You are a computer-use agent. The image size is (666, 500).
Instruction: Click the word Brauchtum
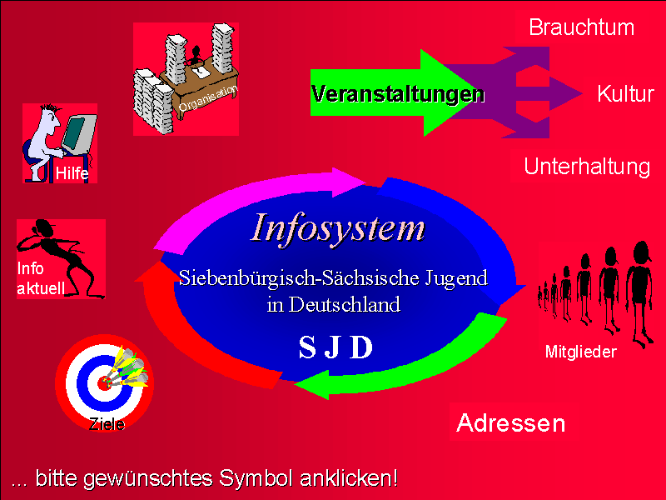(581, 27)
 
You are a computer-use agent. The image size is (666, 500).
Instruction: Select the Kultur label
(625, 93)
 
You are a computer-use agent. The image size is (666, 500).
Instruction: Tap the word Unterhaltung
(587, 167)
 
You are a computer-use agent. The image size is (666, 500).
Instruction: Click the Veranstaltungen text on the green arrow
(398, 94)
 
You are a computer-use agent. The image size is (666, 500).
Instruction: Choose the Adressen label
(511, 423)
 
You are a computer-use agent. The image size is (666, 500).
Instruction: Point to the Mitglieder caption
(580, 352)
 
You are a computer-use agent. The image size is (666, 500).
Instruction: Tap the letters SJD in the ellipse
(336, 347)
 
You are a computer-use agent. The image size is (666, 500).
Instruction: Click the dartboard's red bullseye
(103, 383)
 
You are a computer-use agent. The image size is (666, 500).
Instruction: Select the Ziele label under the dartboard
(107, 424)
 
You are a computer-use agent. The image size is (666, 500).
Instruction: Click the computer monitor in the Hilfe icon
(78, 133)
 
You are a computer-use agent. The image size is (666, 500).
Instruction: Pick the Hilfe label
(72, 173)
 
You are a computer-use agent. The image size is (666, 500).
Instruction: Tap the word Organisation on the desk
(207, 98)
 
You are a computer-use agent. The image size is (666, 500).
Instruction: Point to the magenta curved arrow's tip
(365, 182)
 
